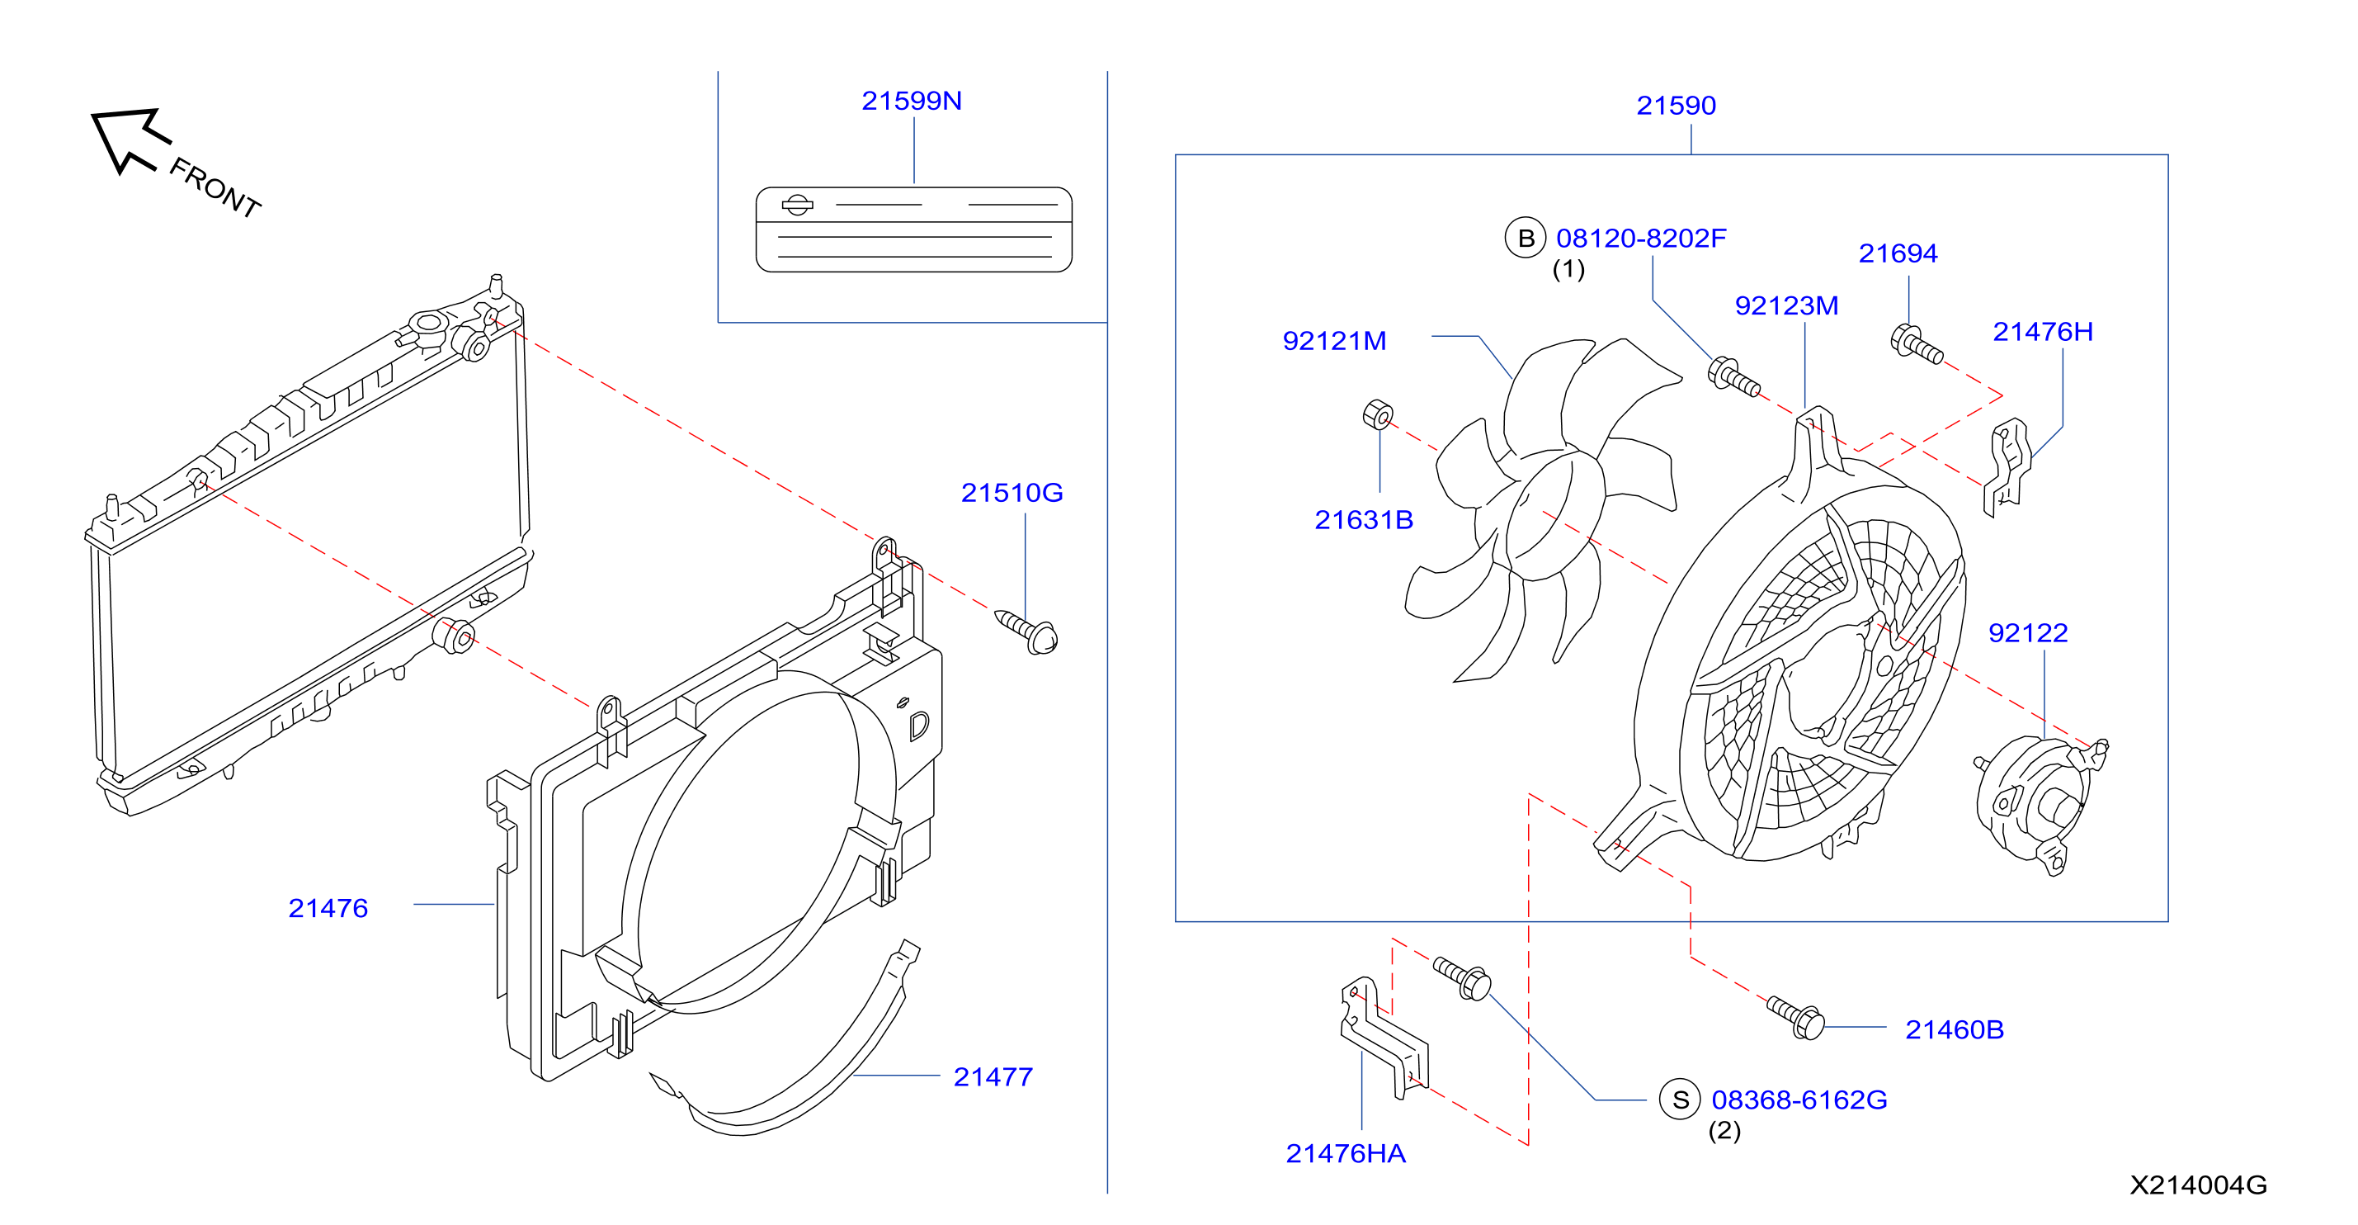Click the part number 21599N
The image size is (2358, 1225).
911,101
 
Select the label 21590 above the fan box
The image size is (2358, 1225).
1676,106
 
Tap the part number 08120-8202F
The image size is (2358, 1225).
1641,238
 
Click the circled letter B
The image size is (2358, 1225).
1525,238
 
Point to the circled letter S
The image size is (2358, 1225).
1680,1100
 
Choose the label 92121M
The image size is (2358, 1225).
1335,341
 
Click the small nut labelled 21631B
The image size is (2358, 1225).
1378,414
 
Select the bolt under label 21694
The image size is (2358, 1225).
1916,344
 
